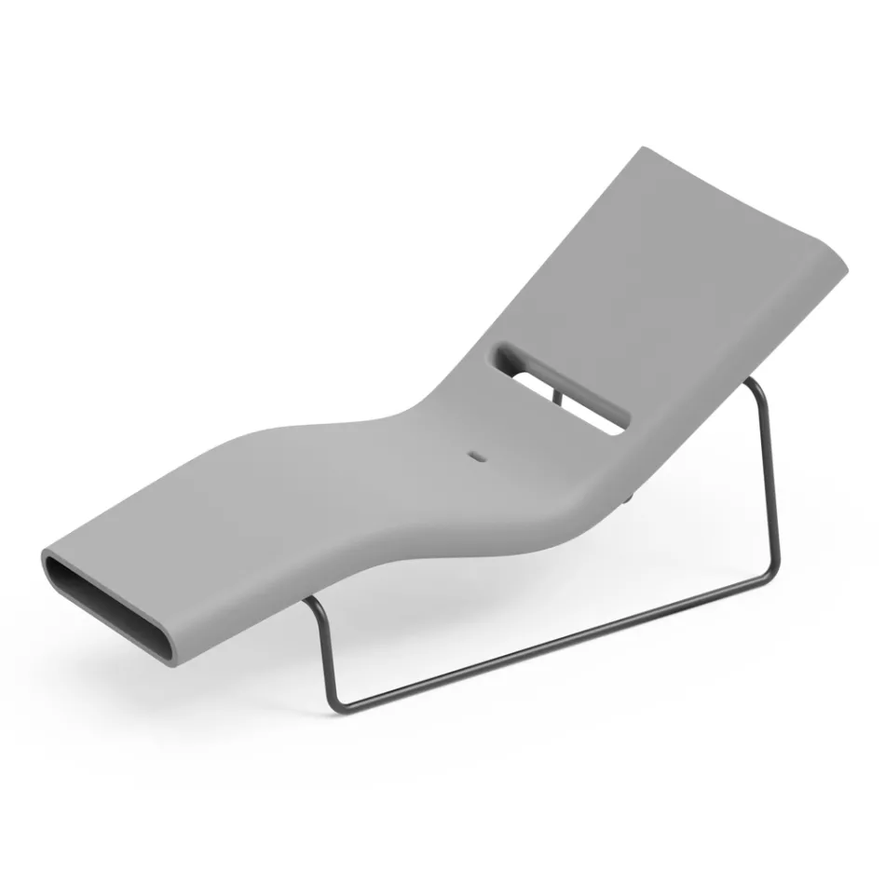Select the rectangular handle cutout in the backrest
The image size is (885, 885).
(563, 388)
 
